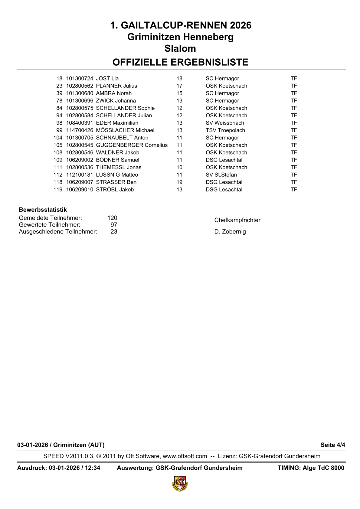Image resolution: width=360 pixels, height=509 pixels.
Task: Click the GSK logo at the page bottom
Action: (180, 483)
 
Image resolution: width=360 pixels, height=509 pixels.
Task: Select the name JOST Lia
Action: (107, 79)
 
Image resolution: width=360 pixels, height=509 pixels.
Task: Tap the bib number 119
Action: (58, 190)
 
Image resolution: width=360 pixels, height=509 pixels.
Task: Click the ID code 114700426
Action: (80, 130)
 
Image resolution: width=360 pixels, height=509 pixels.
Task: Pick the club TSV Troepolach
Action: (225, 130)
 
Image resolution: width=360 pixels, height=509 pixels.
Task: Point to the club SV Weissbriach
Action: (225, 123)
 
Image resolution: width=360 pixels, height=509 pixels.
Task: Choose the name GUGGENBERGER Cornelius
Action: (132, 145)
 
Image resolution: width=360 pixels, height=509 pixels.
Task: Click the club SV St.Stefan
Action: (221, 175)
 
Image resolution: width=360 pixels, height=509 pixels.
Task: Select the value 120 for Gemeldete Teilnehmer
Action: (112, 218)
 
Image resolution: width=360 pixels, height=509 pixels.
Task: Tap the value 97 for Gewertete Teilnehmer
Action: (114, 225)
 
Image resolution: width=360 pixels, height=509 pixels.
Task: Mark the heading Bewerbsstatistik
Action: (43, 210)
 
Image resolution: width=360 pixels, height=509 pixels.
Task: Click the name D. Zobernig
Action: (230, 232)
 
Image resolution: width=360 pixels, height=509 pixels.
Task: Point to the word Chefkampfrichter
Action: (237, 220)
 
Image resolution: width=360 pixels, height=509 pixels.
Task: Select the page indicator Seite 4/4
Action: (333, 445)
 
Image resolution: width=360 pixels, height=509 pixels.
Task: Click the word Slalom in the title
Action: (180, 48)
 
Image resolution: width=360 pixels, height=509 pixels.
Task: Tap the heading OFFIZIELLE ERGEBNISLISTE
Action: (180, 62)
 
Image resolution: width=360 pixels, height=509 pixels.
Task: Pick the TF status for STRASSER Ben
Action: (294, 182)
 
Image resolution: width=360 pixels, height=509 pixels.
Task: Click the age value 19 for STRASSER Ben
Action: (179, 182)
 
